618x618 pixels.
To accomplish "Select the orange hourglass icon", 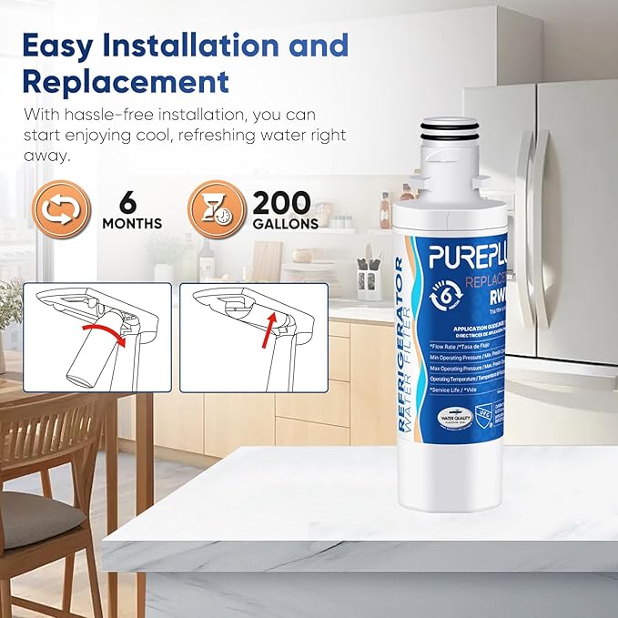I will [216, 211].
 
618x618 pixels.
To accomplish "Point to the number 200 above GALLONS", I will [282, 202].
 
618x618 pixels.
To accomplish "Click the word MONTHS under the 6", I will [133, 224].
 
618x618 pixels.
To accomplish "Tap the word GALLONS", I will [286, 224].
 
